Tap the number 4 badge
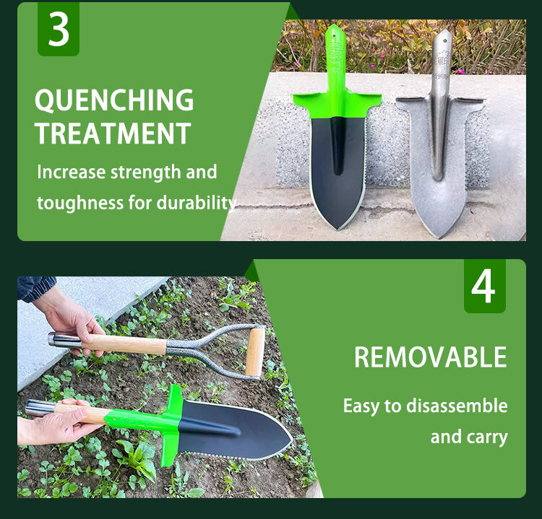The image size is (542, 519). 484,286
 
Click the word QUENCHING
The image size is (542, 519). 114,100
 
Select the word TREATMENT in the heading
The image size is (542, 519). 113,134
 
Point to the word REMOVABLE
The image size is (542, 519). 430,357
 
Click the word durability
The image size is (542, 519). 197,203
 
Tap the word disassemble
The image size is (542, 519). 457,406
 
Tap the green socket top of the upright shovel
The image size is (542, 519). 335,58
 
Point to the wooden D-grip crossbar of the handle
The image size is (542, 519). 254,352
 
